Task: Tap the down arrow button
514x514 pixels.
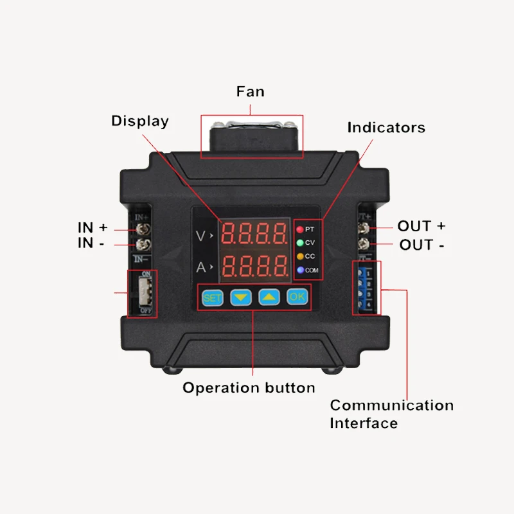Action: [x=240, y=297]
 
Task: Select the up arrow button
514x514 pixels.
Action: [x=269, y=297]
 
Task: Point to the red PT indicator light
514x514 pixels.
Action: [x=299, y=229]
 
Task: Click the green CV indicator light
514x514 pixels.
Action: [x=299, y=242]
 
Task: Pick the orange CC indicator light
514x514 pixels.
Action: [x=299, y=256]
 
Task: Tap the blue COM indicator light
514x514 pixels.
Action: [x=299, y=270]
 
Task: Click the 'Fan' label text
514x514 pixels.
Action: [x=251, y=91]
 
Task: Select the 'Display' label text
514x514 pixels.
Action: [x=140, y=121]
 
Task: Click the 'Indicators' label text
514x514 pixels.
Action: [x=386, y=127]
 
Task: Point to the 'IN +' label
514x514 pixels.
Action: [x=93, y=227]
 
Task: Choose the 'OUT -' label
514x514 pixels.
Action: [x=422, y=245]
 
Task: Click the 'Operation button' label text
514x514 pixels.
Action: [x=249, y=387]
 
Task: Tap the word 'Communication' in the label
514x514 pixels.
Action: [x=391, y=405]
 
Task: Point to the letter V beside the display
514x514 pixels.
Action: [x=201, y=236]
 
